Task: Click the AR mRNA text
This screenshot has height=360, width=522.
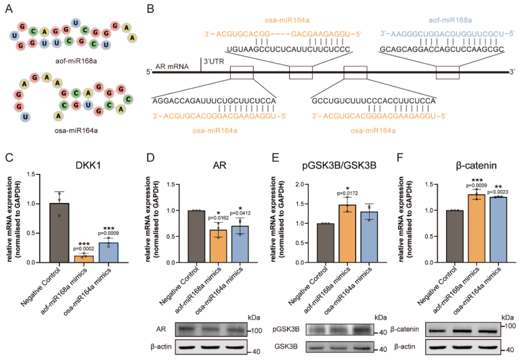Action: [177, 71]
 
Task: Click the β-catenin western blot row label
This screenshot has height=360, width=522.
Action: [441, 328]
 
